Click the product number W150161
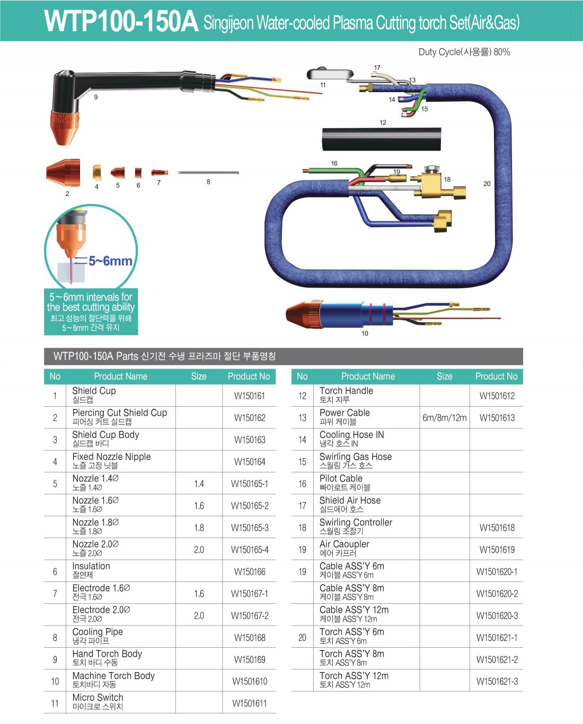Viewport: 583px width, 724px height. (250, 396)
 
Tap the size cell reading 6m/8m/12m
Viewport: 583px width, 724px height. (444, 417)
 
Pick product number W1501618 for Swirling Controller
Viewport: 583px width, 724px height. (497, 528)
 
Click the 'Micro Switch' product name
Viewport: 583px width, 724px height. (98, 698)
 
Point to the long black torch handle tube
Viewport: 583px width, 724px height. (381, 139)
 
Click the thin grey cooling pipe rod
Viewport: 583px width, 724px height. (208, 173)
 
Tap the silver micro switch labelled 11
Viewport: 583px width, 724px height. (330, 74)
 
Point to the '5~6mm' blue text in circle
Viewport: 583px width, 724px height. (110, 261)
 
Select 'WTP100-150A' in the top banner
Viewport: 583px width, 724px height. (121, 21)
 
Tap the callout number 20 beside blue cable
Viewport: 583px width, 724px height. (487, 184)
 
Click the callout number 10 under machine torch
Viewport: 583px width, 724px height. (365, 334)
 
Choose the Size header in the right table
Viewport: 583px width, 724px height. (444, 376)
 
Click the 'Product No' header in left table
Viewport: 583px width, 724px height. (249, 376)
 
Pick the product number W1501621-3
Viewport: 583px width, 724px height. (497, 681)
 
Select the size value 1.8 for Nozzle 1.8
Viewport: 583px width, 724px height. (199, 528)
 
